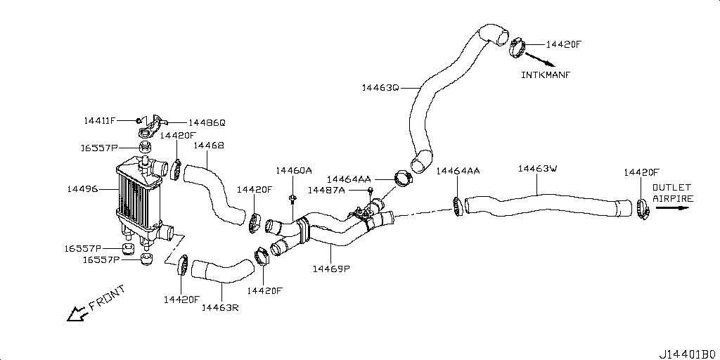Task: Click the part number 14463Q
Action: [380, 88]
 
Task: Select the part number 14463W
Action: [537, 169]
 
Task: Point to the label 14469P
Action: [331, 268]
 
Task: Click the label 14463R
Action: [220, 307]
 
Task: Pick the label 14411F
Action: [99, 121]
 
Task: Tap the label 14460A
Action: [293, 171]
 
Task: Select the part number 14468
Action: [209, 146]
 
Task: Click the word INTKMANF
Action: [546, 75]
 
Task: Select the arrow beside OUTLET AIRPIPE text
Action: [672, 209]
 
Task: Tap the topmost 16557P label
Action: [99, 148]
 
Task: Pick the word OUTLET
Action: [672, 188]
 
